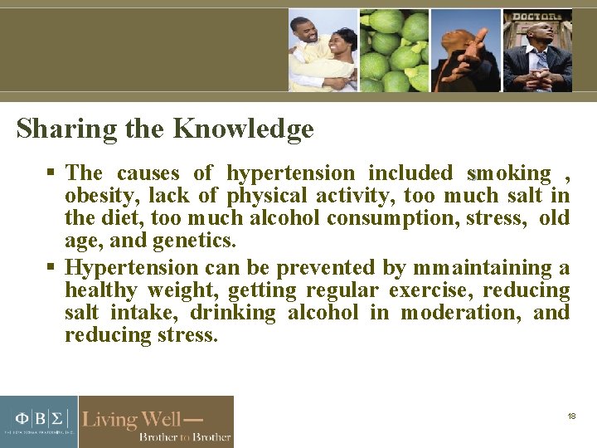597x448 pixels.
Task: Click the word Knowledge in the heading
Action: click(243, 129)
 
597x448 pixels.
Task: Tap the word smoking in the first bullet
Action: click(509, 173)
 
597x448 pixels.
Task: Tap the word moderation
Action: click(460, 313)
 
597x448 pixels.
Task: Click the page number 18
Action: click(571, 416)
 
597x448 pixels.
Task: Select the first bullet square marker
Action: click(52, 173)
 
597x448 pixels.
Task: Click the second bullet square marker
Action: click(52, 268)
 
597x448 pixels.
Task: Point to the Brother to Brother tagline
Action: click(184, 436)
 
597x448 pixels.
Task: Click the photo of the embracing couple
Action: click(323, 50)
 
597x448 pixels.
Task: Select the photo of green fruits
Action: click(394, 50)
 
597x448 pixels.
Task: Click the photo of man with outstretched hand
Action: click(465, 50)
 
